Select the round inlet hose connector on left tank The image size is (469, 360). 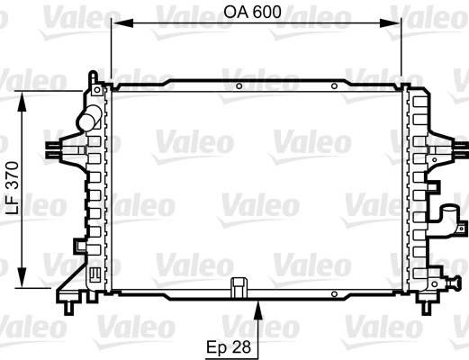pyautogui.click(x=88, y=118)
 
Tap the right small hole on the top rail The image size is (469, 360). pyautogui.click(x=334, y=87)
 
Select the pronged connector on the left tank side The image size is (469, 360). pyautogui.click(x=56, y=149)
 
